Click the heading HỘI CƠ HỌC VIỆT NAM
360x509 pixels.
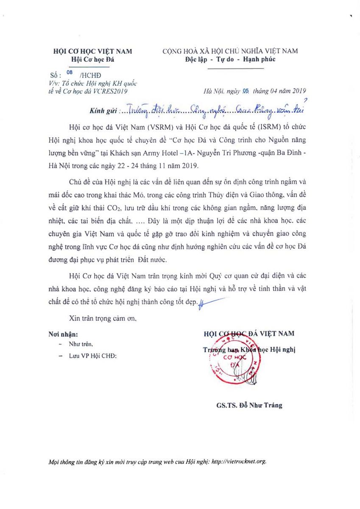[x=92, y=51]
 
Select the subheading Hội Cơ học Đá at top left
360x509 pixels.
[x=93, y=60]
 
